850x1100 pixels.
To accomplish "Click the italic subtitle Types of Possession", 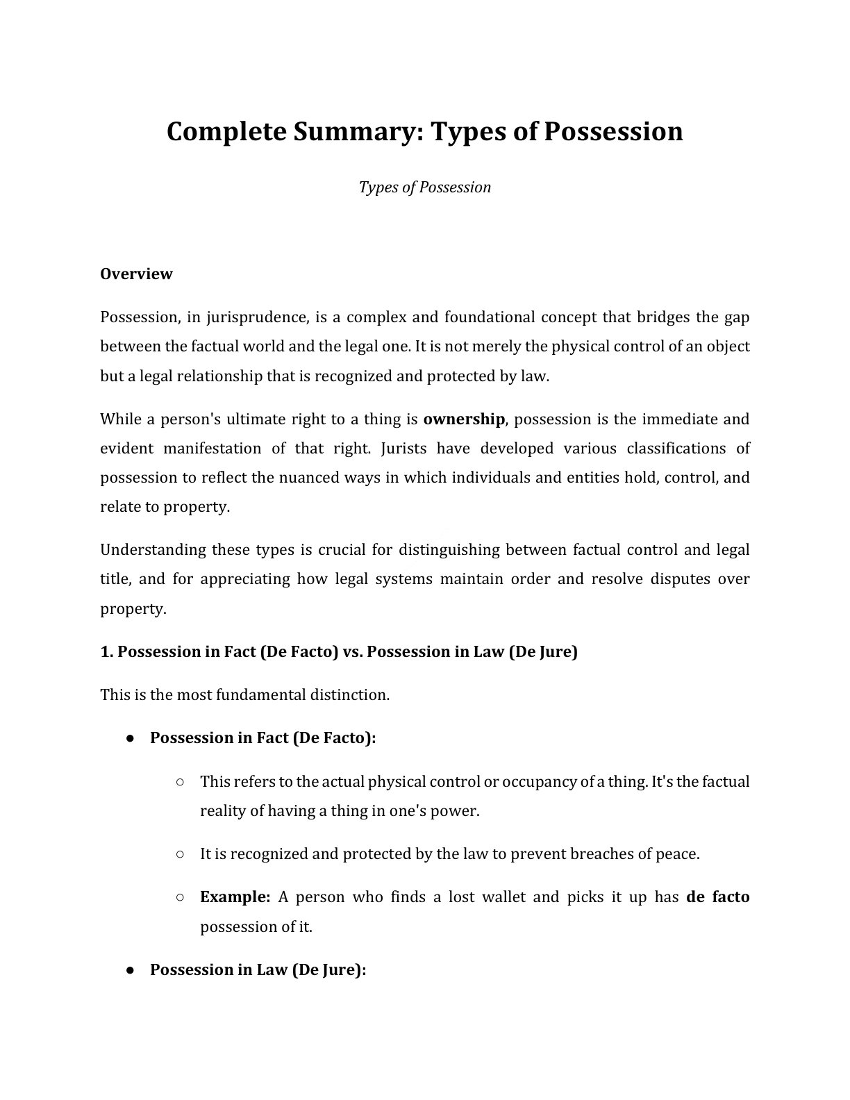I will pos(424,187).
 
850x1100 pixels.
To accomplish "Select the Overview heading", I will pos(136,274).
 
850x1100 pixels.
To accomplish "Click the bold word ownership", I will pos(463,419).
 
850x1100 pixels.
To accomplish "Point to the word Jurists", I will pos(403,448).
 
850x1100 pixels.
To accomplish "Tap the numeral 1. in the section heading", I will pos(107,651).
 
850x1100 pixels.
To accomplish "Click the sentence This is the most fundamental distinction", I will pos(244,694).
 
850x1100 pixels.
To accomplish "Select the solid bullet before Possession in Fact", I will pos(130,738).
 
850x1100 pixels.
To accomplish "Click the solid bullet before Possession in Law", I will pos(130,970).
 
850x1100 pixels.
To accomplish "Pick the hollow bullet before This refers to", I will pos(180,782).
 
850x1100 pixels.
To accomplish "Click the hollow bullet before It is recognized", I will pos(180,854).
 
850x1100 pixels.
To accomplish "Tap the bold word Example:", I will pos(235,897).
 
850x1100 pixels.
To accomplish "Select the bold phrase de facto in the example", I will pos(717,897).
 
